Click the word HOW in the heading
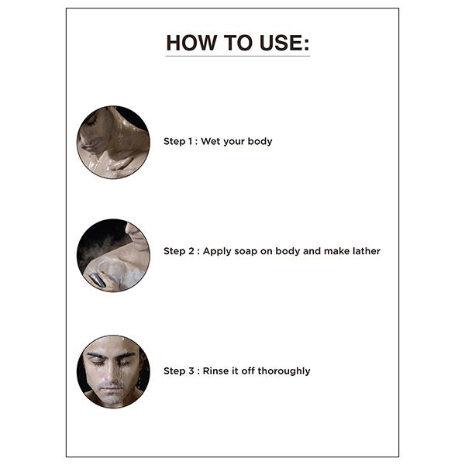pyautogui.click(x=191, y=43)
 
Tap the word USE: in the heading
pyautogui.click(x=284, y=43)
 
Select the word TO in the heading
pyautogui.click(x=238, y=43)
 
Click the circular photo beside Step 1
pyautogui.click(x=113, y=143)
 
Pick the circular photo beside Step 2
pyautogui.click(x=113, y=255)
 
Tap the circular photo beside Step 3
pyautogui.click(x=113, y=371)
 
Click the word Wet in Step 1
pyautogui.click(x=211, y=141)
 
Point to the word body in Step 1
pyautogui.click(x=260, y=142)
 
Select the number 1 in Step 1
pyautogui.click(x=190, y=141)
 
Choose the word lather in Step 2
pyautogui.click(x=367, y=251)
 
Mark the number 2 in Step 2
pyautogui.click(x=191, y=251)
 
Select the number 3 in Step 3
pyautogui.click(x=191, y=370)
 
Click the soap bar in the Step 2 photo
pyautogui.click(x=98, y=280)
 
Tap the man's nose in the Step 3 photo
pyautogui.click(x=112, y=374)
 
